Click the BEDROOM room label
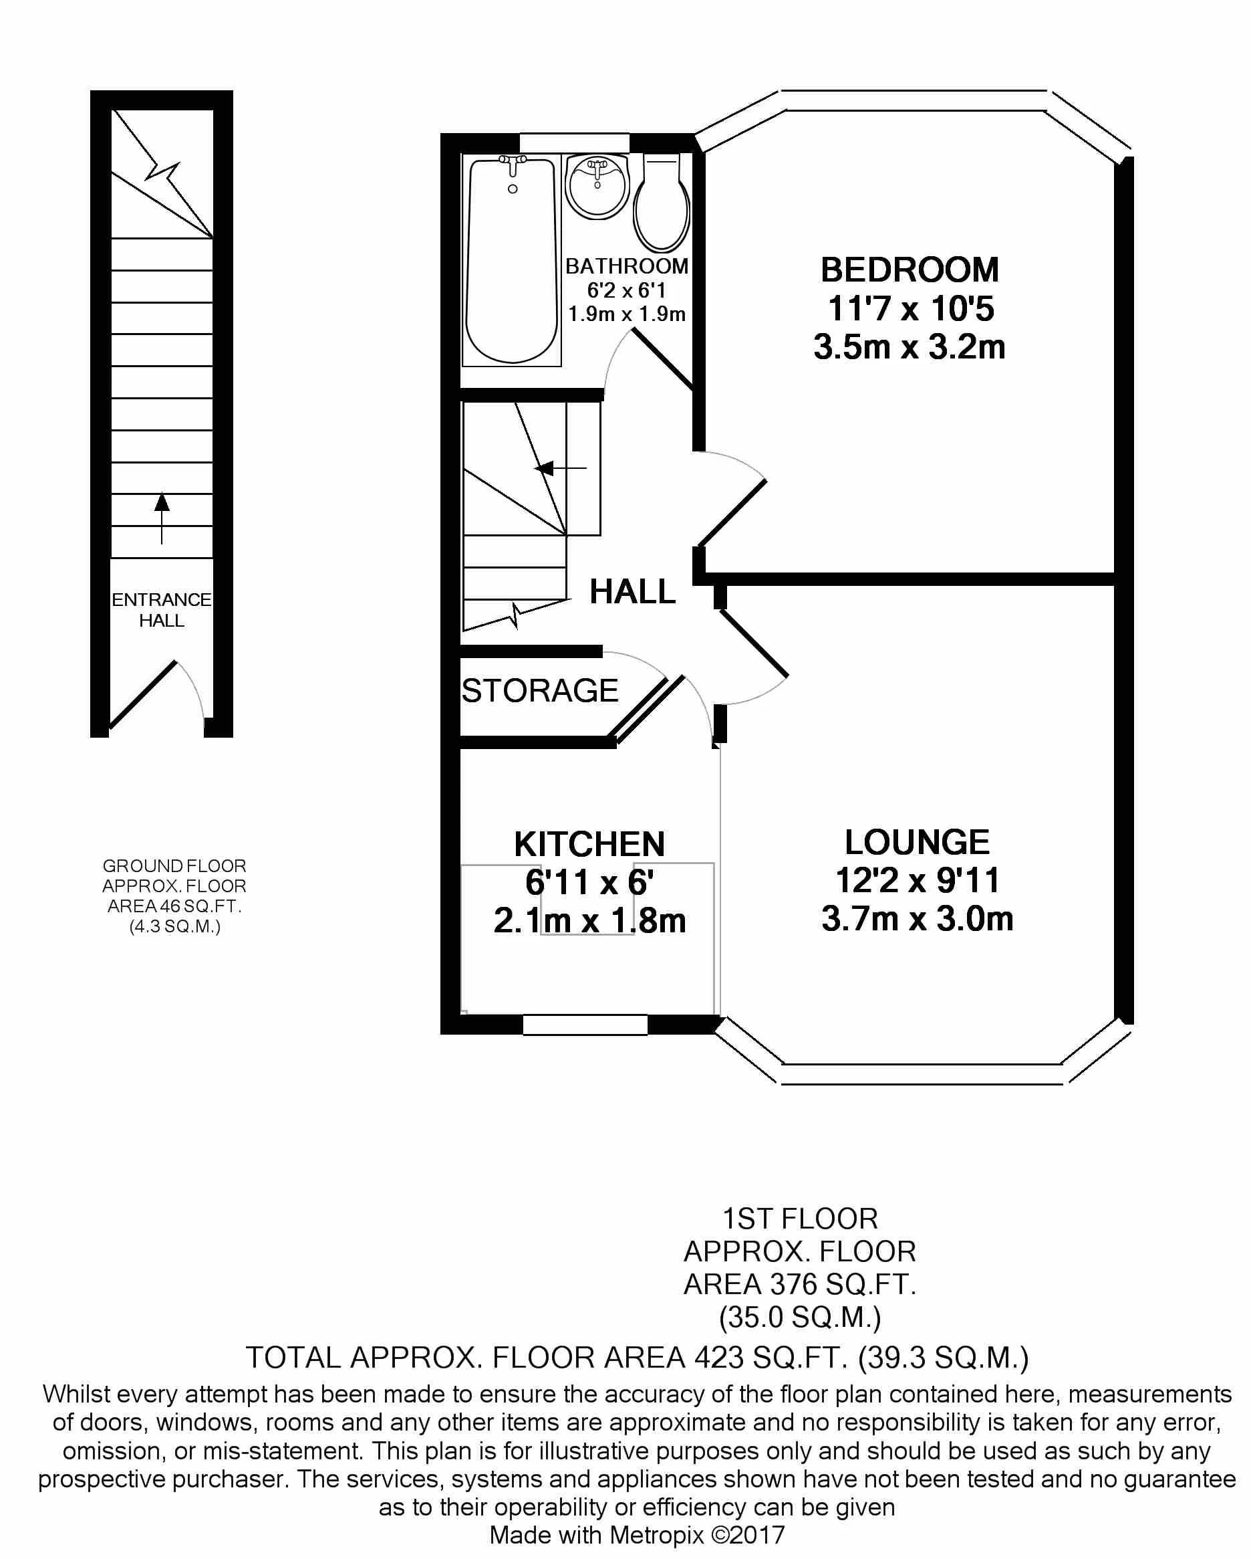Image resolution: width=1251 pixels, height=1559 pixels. point(909,270)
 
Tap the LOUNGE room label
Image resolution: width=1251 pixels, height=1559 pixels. point(916,843)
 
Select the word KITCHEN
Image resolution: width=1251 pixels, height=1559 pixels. point(589,845)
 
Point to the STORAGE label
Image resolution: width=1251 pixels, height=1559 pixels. point(540,691)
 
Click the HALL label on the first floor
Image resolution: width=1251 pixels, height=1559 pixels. point(632,592)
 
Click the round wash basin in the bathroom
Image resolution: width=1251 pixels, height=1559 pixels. point(597,185)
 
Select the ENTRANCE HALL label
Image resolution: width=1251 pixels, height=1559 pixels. point(161,609)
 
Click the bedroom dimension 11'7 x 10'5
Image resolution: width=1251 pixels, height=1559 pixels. point(911,309)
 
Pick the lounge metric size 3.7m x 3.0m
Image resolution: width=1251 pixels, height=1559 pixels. point(917,919)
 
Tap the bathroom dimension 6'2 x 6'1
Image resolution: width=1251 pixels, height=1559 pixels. point(626,291)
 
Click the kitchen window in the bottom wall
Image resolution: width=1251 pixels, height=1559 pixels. point(585,1025)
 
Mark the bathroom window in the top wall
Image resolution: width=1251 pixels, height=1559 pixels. point(574,142)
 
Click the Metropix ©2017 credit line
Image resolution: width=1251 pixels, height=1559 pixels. point(637,1534)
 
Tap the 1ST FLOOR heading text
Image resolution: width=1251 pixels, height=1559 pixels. point(800,1219)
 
